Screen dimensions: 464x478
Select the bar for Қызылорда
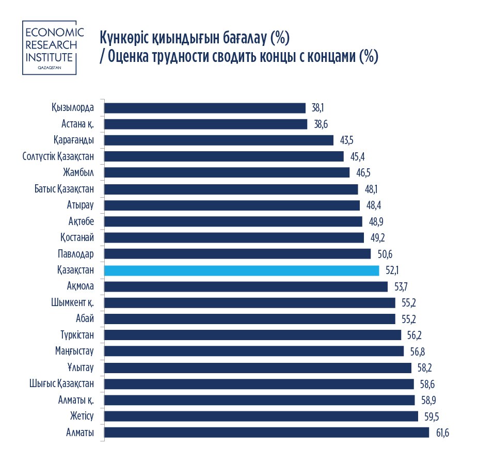click(x=205, y=108)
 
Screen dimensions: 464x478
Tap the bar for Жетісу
click(x=261, y=416)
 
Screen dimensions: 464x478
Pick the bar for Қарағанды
click(x=219, y=140)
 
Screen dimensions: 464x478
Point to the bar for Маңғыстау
click(x=254, y=351)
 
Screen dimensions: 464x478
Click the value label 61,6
click(x=443, y=433)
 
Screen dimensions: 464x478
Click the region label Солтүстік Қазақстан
click(x=58, y=156)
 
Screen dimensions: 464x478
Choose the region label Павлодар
click(x=76, y=254)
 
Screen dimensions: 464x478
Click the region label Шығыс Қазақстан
click(x=62, y=383)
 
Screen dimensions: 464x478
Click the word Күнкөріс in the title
click(x=124, y=39)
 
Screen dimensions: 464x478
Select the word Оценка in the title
click(x=130, y=56)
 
